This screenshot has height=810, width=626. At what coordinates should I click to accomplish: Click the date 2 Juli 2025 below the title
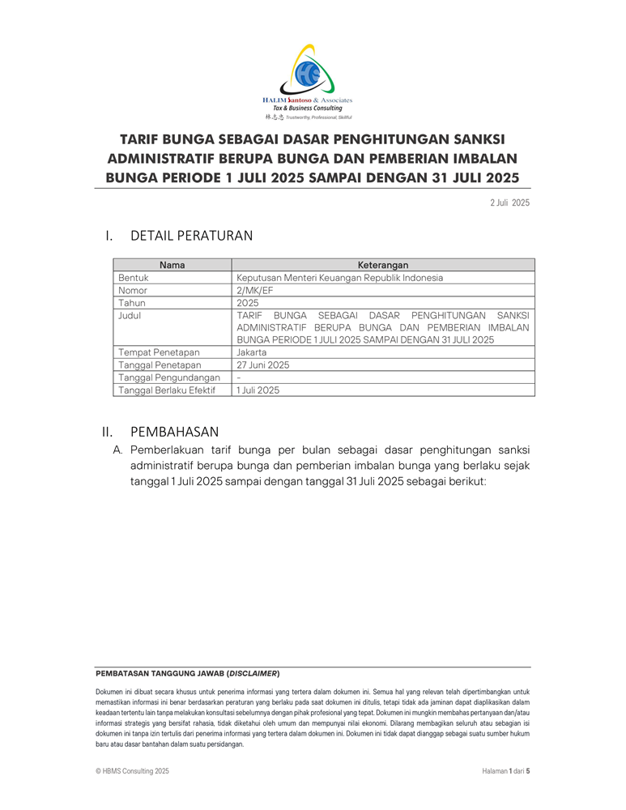(x=509, y=202)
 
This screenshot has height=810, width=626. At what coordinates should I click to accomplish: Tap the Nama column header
(x=172, y=265)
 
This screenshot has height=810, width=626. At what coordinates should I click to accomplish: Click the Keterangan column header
(x=382, y=265)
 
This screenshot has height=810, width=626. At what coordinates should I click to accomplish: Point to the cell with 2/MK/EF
(x=255, y=290)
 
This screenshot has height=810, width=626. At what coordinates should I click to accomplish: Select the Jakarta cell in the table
(x=253, y=352)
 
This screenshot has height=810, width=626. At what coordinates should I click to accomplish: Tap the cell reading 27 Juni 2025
(x=262, y=364)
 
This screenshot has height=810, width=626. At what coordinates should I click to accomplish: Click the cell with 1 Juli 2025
(x=258, y=390)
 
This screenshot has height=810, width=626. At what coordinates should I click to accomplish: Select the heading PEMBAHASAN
(x=174, y=432)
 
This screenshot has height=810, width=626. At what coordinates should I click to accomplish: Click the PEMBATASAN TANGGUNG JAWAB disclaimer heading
(x=188, y=673)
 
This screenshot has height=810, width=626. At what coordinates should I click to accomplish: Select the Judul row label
(x=130, y=315)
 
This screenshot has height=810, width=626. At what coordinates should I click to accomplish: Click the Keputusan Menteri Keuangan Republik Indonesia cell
(x=339, y=277)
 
